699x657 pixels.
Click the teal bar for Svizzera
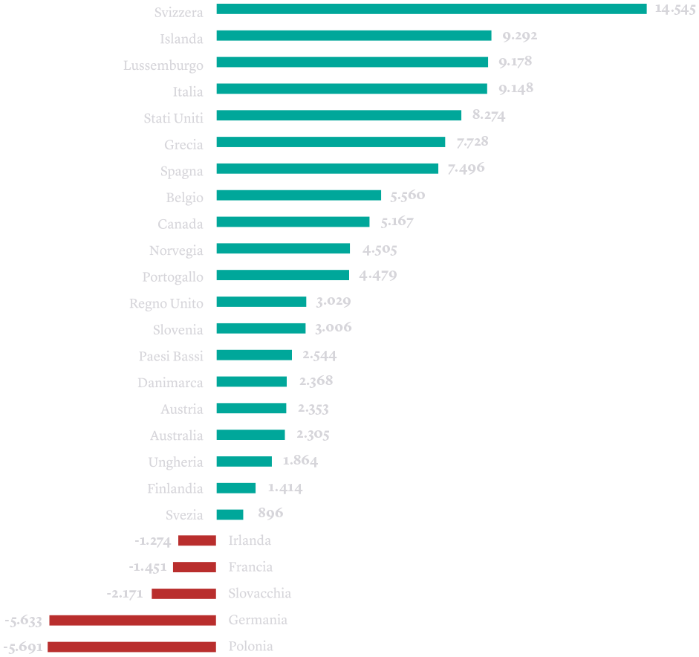pos(431,9)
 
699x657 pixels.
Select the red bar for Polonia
pos(131,647)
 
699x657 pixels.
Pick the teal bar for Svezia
pos(230,514)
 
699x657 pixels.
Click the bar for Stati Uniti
pos(339,116)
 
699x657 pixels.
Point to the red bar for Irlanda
pos(197,541)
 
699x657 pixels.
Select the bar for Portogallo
pos(282,276)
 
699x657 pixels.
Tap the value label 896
pos(270,514)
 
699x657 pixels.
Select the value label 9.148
pos(516,89)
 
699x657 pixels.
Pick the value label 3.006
pos(334,328)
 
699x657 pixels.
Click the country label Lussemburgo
pos(163,65)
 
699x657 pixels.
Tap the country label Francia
pos(250,567)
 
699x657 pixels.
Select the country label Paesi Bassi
pos(171,356)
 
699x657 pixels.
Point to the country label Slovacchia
pos(259,594)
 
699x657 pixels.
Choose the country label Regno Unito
pos(166,303)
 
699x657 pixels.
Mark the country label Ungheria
pos(175,462)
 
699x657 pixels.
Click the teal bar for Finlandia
pos(236,488)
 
